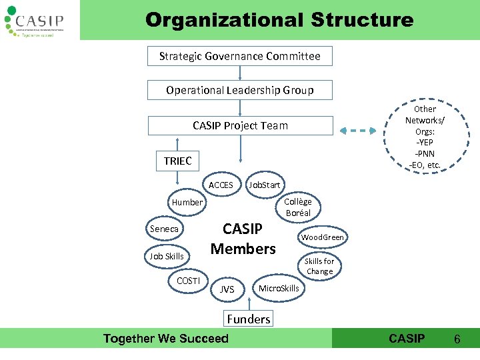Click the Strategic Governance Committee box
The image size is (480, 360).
[239, 57]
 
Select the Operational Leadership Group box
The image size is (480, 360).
[239, 90]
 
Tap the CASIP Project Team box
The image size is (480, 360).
[239, 125]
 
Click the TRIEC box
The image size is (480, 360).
[177, 161]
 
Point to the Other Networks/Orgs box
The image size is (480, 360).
[425, 136]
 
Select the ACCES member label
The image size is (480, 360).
[221, 185]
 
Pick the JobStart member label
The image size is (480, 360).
[265, 185]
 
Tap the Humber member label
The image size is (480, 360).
[187, 202]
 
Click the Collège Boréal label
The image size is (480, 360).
[298, 207]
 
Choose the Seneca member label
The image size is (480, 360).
[164, 229]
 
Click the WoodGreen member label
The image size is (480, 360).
[323, 237]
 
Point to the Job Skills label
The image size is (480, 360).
[167, 256]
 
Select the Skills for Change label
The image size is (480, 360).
[319, 266]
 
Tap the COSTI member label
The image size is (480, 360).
[188, 281]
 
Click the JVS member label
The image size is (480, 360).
[227, 289]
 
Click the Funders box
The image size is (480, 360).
[249, 319]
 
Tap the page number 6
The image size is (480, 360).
[457, 339]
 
